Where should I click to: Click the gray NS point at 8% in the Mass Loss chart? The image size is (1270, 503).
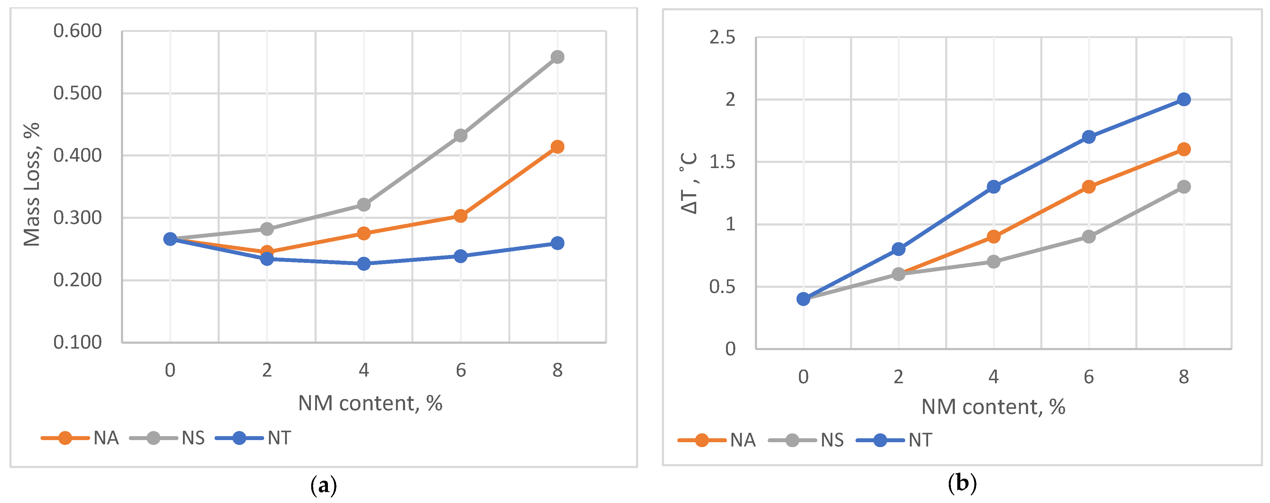point(557,57)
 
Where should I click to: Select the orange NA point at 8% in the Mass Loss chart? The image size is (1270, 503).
point(557,147)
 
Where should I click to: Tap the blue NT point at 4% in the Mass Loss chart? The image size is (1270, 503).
point(364,264)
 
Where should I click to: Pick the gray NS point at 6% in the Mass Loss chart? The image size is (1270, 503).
point(460,135)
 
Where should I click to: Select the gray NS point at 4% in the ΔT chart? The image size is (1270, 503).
point(993,261)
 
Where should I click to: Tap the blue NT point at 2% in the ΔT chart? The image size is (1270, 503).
point(898,249)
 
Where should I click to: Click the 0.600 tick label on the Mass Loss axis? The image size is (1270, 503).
point(77,31)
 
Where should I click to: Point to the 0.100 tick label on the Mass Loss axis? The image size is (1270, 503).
point(77,342)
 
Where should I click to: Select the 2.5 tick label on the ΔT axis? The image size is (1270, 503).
point(722,37)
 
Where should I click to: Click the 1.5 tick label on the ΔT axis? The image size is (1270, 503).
point(722,162)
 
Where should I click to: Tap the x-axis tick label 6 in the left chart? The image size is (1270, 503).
point(460,370)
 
